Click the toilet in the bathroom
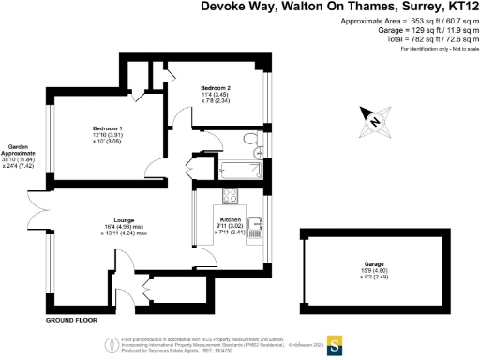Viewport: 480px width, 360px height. point(251,142)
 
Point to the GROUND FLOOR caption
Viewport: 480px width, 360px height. point(72,320)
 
